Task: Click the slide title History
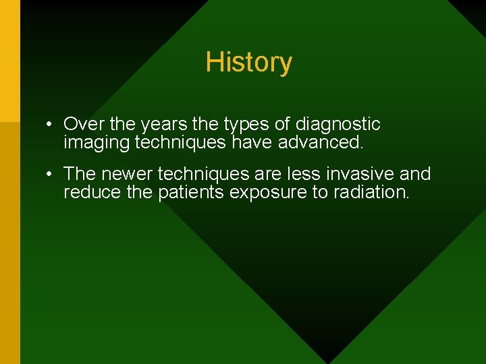pos(248,62)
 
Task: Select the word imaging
pos(97,143)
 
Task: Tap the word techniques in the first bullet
pos(181,142)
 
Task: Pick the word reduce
pos(87,192)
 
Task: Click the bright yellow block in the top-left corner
pos(9,61)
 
